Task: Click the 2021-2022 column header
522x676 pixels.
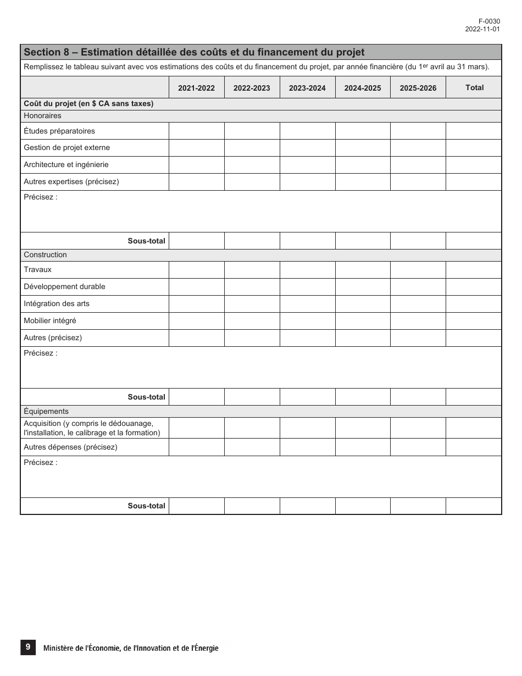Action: click(196, 88)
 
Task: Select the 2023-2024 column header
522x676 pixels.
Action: click(307, 88)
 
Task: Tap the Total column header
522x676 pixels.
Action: click(474, 87)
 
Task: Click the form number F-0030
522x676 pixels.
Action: click(489, 21)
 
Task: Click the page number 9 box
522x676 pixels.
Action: click(28, 647)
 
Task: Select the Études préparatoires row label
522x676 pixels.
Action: click(59, 131)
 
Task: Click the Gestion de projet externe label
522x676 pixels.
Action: click(66, 147)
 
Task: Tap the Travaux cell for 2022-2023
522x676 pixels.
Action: click(252, 270)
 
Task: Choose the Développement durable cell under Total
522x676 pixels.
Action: click(473, 287)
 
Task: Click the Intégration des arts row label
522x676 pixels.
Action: click(56, 304)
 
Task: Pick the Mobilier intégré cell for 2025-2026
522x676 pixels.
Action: click(418, 321)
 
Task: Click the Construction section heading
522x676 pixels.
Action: click(45, 255)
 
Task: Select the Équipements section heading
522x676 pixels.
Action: click(46, 411)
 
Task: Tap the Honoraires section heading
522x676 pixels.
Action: click(42, 116)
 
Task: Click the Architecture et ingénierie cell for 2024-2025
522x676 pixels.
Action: click(363, 165)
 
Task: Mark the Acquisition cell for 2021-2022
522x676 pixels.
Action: click(196, 428)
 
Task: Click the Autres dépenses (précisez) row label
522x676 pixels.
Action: click(70, 447)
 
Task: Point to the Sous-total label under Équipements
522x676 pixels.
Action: click(146, 506)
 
